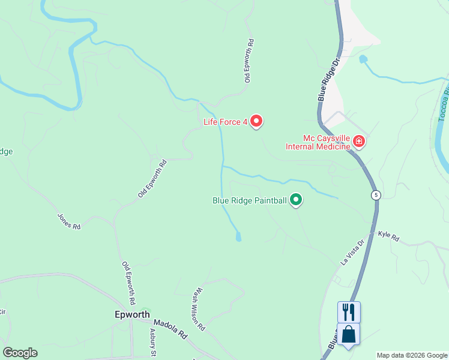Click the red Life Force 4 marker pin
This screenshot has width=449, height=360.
(256, 121)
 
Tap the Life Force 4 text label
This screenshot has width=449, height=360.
(225, 122)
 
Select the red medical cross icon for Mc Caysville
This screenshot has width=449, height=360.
(359, 142)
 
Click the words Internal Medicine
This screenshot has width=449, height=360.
(318, 146)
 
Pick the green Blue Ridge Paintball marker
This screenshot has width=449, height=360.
(296, 200)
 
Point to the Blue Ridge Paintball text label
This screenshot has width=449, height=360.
(250, 200)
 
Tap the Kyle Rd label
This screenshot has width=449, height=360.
(388, 237)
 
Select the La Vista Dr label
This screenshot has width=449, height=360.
(353, 253)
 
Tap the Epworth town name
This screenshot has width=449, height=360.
(131, 314)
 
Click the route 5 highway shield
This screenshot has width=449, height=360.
(375, 195)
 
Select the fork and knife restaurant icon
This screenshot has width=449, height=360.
(349, 312)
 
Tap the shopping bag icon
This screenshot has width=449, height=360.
(349, 334)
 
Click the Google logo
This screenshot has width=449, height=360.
(20, 353)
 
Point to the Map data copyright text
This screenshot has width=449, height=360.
(412, 355)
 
